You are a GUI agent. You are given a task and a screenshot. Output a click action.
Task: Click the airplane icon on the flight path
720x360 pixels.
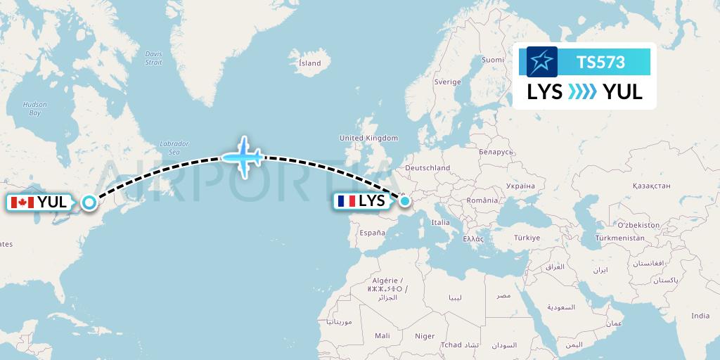coord(243,156)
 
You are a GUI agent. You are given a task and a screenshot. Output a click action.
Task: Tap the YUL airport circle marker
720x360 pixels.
coord(89,202)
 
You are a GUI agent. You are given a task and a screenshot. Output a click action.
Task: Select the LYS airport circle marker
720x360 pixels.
coord(405,202)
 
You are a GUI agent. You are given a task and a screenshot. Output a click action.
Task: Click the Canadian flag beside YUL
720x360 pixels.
coord(22,202)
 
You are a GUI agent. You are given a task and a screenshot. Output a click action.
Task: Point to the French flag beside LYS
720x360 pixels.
coord(346,201)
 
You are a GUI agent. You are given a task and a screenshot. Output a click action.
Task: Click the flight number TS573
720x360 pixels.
coord(600,63)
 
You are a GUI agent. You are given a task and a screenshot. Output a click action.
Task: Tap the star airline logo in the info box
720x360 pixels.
coord(541,63)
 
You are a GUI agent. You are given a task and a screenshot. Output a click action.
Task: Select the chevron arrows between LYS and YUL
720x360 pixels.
coord(581,92)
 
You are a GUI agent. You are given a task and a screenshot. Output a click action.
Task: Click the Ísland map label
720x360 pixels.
coord(309,63)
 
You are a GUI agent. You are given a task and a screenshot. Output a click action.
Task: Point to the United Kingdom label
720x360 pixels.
coord(368,139)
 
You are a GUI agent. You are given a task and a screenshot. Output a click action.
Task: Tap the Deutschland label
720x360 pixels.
coord(427,168)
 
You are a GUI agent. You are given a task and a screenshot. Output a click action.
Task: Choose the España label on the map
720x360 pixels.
coord(373,233)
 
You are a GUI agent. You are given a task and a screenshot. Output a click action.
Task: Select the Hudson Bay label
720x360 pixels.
coord(34,108)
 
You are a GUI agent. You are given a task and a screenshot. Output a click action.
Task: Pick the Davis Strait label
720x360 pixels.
coord(153,58)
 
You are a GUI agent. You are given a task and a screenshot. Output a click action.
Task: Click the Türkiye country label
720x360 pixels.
coord(526,238)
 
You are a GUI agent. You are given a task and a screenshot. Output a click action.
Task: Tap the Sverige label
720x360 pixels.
coord(447,82)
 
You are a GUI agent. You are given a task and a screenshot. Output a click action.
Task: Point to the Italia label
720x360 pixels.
coord(441,222)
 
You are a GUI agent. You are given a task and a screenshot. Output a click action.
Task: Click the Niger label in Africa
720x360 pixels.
coord(425,336)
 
